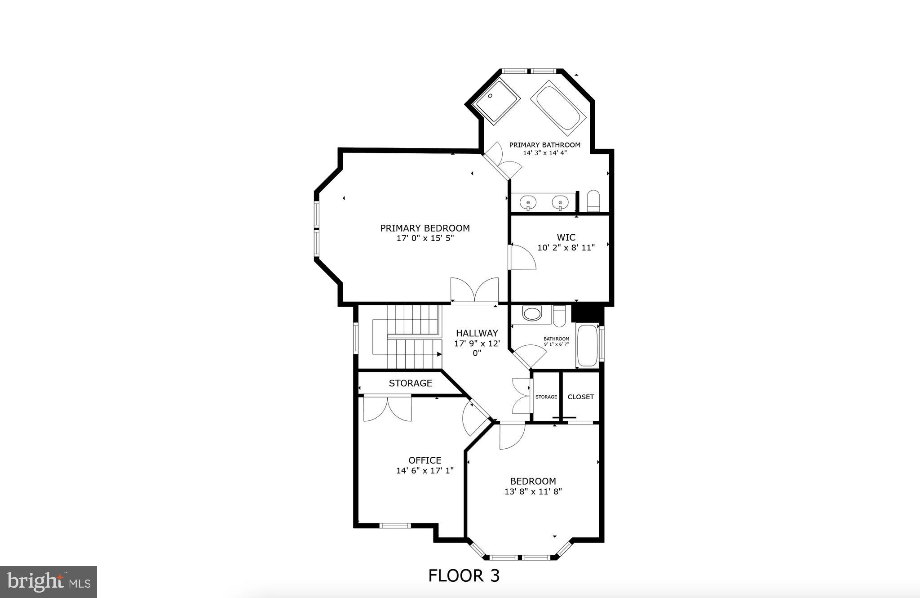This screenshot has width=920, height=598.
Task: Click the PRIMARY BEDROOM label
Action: pyautogui.click(x=425, y=228)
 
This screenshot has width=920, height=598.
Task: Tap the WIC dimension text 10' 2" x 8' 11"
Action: pyautogui.click(x=566, y=247)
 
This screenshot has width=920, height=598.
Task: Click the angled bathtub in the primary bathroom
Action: pyautogui.click(x=558, y=108)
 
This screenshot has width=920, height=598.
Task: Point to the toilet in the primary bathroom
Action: pyautogui.click(x=593, y=201)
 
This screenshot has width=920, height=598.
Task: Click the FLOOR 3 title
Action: pyautogui.click(x=464, y=576)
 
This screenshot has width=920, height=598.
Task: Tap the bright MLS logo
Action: pyautogui.click(x=49, y=582)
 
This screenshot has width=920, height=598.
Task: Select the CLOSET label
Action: pyautogui.click(x=580, y=397)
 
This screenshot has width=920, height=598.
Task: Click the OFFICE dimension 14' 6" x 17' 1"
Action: pyautogui.click(x=425, y=471)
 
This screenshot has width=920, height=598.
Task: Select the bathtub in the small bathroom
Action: pyautogui.click(x=587, y=345)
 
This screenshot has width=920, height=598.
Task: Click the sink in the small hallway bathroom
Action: pyautogui.click(x=532, y=313)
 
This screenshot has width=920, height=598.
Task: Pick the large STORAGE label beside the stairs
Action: pyautogui.click(x=410, y=383)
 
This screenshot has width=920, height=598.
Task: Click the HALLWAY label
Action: pyautogui.click(x=477, y=333)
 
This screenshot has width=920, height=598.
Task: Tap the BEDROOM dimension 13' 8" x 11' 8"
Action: pyautogui.click(x=533, y=492)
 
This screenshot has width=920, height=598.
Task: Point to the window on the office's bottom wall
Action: pyautogui.click(x=395, y=525)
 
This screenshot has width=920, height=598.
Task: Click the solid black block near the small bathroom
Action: pyautogui.click(x=586, y=313)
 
